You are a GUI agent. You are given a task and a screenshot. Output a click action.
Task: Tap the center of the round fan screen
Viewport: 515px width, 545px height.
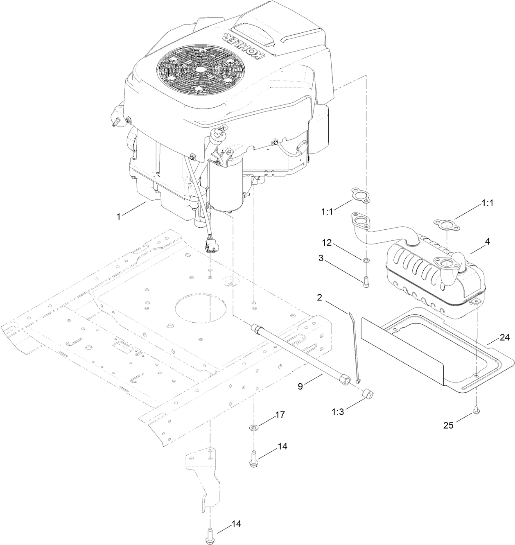pos(200,70)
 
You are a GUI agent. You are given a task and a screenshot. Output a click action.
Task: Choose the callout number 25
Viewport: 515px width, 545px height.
pos(449,425)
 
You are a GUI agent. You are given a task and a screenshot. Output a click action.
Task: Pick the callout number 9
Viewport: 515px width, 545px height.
pos(300,386)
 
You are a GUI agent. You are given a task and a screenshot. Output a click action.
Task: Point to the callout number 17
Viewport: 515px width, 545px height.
pos(280,414)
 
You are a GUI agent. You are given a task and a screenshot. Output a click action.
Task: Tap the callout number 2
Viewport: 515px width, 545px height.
pos(320,298)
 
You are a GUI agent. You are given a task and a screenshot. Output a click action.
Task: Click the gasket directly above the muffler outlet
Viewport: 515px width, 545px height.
pos(445,224)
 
